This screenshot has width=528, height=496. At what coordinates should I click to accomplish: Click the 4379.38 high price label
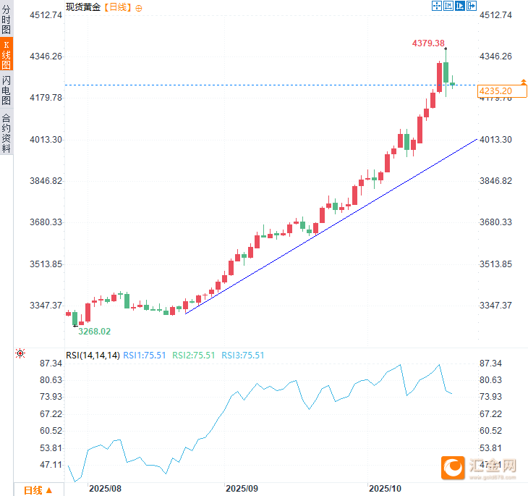(x=428, y=43)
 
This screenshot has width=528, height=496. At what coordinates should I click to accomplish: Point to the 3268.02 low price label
(x=94, y=332)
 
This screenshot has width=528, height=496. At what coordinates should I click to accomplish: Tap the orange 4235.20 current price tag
(x=495, y=91)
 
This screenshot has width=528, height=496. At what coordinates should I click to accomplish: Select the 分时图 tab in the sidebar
(x=7, y=21)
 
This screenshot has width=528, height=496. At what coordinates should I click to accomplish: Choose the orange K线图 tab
(x=7, y=54)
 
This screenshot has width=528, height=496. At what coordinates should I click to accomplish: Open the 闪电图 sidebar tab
(x=7, y=90)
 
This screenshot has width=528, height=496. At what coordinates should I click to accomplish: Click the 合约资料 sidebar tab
(x=7, y=133)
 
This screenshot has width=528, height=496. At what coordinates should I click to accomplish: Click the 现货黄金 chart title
(x=83, y=7)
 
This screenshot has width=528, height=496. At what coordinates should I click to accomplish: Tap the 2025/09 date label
(x=242, y=489)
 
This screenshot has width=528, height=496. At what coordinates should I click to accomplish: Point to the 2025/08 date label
(x=104, y=489)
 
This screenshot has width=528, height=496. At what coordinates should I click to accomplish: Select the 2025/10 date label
(x=385, y=489)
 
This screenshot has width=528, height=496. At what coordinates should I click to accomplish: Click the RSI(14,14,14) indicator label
(x=93, y=356)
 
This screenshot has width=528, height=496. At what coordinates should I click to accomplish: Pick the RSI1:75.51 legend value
(x=145, y=356)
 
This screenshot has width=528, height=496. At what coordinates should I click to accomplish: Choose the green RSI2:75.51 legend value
(x=193, y=356)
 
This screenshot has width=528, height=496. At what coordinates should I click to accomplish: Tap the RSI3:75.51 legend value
(x=242, y=356)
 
